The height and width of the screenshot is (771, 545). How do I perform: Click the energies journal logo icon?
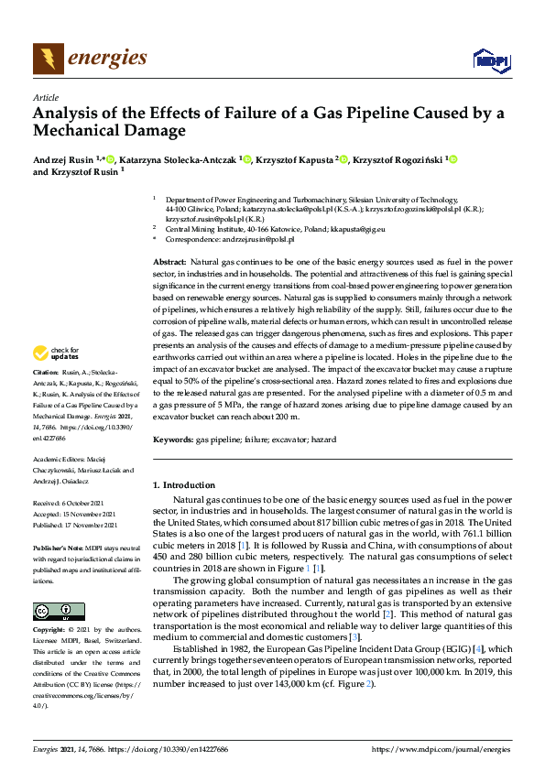tap(44, 59)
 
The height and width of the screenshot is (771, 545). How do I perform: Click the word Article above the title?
tap(45, 97)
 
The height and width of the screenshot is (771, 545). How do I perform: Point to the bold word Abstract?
tap(169, 262)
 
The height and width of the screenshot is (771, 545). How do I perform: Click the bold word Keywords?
tap(171, 440)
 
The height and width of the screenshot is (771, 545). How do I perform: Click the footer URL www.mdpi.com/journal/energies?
tap(462, 750)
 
